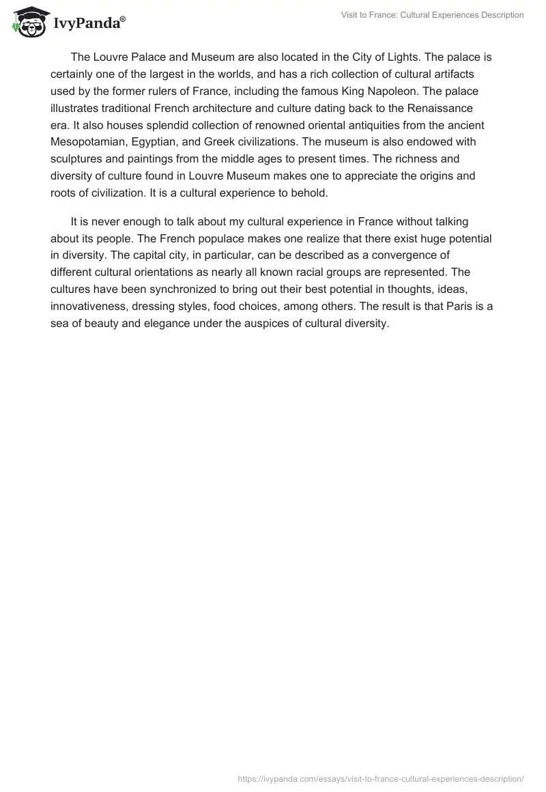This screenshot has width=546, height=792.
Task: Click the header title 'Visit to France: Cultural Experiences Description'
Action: click(432, 14)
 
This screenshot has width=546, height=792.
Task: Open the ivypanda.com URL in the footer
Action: click(380, 778)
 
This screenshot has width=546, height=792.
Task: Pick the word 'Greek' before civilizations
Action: click(219, 142)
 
